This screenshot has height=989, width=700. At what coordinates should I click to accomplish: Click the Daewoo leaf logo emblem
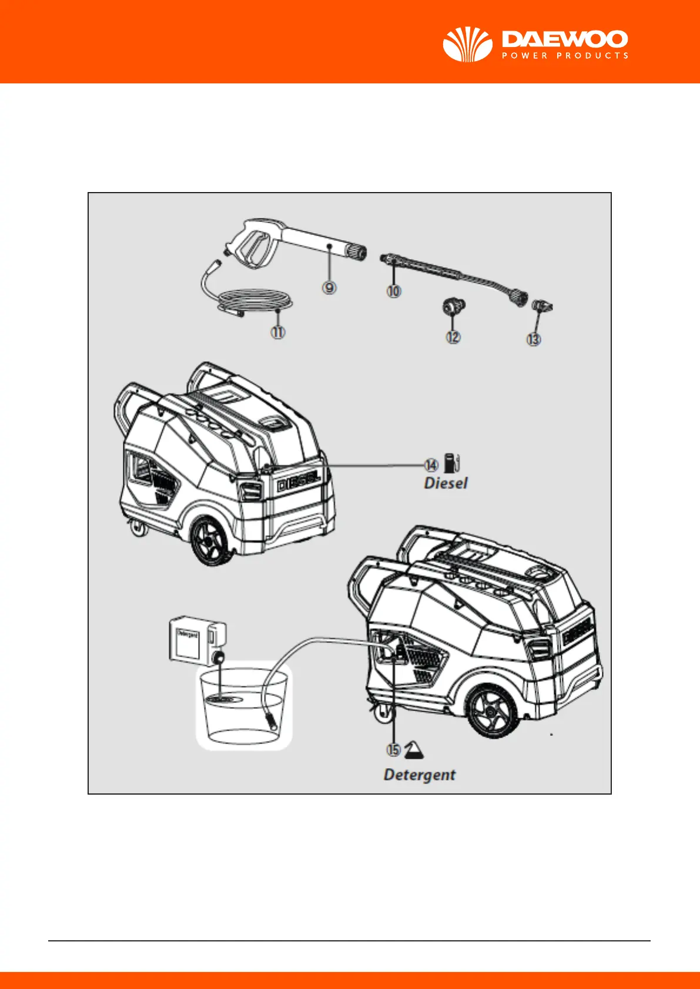(467, 45)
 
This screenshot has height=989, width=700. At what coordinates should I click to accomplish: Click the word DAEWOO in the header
(565, 40)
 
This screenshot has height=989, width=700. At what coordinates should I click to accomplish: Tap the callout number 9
(329, 287)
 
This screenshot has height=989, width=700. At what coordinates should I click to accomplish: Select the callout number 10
(394, 290)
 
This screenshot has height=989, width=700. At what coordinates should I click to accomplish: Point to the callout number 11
(278, 332)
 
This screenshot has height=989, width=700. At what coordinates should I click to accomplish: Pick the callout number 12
(453, 337)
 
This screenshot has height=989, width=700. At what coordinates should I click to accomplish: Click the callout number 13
(534, 339)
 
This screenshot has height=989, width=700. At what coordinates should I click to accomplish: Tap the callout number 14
(431, 465)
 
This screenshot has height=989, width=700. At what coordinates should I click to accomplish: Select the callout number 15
(393, 750)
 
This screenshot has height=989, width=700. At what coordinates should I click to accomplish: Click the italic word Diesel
(446, 483)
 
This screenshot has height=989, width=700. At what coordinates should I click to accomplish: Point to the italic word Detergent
(420, 775)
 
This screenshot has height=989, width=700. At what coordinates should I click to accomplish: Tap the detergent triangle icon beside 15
(415, 749)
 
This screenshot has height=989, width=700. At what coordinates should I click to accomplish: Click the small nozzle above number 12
(453, 307)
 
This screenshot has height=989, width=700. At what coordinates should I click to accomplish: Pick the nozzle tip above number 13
(540, 306)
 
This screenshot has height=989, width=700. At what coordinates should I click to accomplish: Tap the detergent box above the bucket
(196, 640)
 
